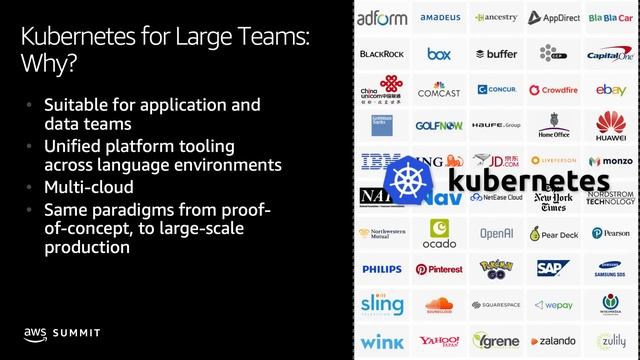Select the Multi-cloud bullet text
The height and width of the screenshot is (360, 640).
coord(88,187)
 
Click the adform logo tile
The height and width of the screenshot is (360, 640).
coord(381,17)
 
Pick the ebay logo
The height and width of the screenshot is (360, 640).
coord(611,90)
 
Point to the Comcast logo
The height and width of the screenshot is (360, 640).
coord(439,90)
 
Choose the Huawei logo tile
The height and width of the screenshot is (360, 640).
coord(611,125)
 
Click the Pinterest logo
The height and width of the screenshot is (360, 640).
coord(439,269)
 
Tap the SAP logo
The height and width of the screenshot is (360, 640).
coord(553,268)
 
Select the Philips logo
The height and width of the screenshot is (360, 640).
coord(381,269)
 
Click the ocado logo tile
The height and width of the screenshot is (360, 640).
coord(439,233)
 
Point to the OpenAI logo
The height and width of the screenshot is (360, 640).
coord(496,233)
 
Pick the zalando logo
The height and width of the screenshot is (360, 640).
coord(553,340)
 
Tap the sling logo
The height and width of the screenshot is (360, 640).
coord(381,304)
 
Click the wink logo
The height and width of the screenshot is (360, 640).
coord(381,340)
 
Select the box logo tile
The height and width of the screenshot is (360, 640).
coord(439,54)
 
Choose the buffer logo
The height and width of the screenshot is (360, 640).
coord(496,54)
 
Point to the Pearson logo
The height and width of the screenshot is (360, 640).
coord(611,233)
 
